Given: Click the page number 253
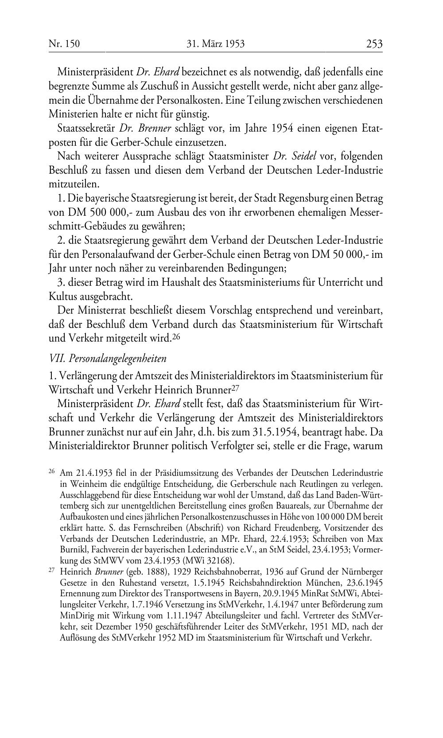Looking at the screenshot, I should (374, 44).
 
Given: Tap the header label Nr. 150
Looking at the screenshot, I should (64, 44).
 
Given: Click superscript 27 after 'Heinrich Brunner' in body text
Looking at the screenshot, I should (237, 388).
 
